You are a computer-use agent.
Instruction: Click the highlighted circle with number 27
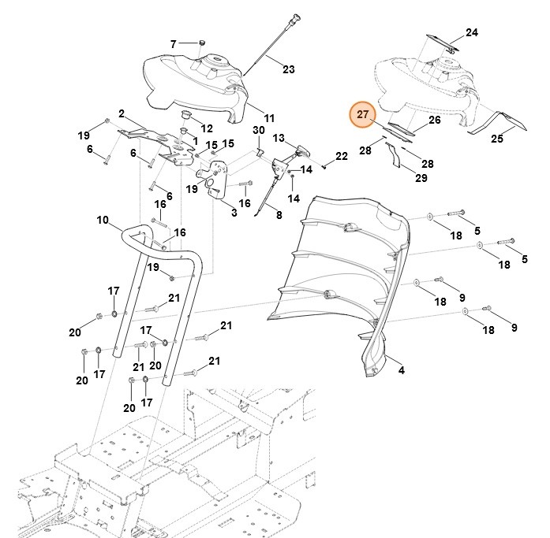click(363, 115)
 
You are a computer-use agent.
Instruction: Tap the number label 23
click(288, 69)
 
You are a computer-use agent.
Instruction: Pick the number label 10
click(103, 221)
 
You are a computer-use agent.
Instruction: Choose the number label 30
click(258, 129)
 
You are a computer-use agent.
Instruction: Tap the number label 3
click(234, 213)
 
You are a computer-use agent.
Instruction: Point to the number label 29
click(421, 179)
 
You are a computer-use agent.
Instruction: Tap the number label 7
click(173, 43)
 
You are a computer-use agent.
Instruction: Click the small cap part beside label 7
click(200, 41)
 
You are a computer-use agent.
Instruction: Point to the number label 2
click(122, 113)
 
